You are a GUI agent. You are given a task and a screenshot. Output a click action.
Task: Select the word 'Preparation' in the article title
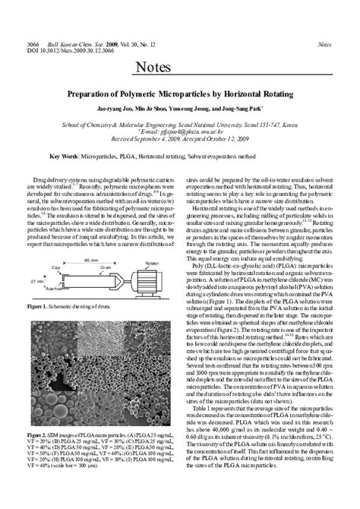click(x=101, y=96)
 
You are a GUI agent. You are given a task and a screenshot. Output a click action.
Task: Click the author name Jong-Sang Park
click(x=242, y=109)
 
